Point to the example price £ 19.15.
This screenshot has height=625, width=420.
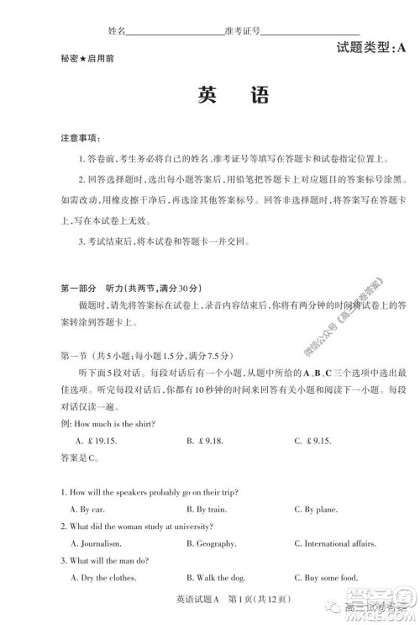[x=94, y=440]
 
